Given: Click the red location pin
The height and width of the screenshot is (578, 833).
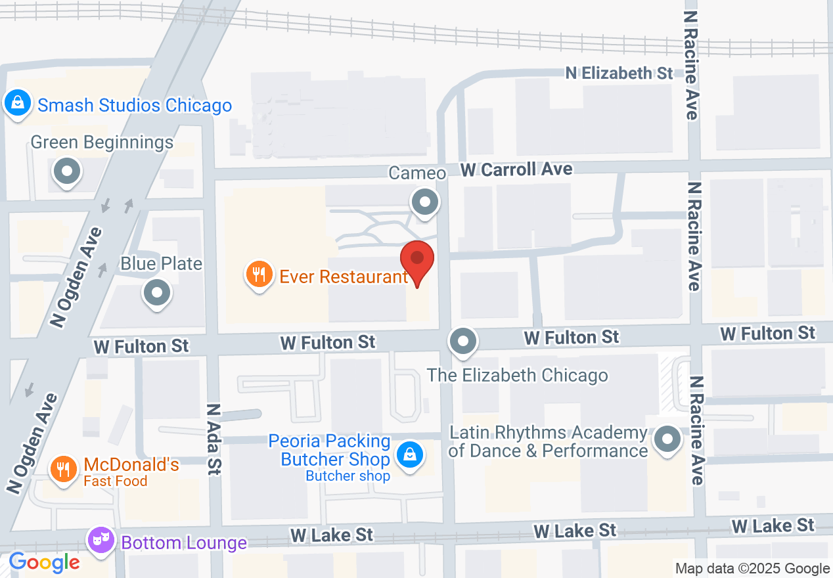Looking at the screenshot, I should [x=416, y=260].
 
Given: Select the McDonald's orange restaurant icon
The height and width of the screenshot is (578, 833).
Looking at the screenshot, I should [x=63, y=469].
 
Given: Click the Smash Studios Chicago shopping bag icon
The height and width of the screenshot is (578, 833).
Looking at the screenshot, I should [x=15, y=103].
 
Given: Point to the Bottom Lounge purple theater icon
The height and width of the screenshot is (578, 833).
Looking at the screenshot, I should [x=101, y=541].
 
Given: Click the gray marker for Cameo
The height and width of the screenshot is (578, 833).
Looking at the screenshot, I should [x=424, y=202].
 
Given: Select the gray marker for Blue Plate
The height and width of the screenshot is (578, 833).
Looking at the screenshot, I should [x=157, y=292].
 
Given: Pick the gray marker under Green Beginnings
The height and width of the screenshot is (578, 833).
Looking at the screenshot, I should [x=66, y=172].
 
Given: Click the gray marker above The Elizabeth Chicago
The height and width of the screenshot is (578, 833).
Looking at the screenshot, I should [x=464, y=341].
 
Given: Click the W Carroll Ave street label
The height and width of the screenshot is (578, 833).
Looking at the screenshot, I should [x=516, y=169].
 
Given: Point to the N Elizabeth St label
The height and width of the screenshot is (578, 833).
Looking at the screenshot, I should [x=619, y=72].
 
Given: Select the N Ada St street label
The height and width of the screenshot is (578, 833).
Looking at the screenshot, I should [x=214, y=438].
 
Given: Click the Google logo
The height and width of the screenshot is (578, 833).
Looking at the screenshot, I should [x=44, y=562].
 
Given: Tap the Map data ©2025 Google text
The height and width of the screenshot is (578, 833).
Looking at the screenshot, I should [x=753, y=568].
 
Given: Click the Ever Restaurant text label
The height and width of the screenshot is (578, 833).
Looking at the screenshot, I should [x=344, y=277].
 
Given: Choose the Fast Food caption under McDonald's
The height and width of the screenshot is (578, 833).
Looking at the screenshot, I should [x=115, y=481].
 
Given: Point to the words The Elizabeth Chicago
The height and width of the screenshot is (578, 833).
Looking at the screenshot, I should [x=517, y=375].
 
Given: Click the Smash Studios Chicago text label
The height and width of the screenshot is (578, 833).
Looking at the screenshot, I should [x=135, y=105].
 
